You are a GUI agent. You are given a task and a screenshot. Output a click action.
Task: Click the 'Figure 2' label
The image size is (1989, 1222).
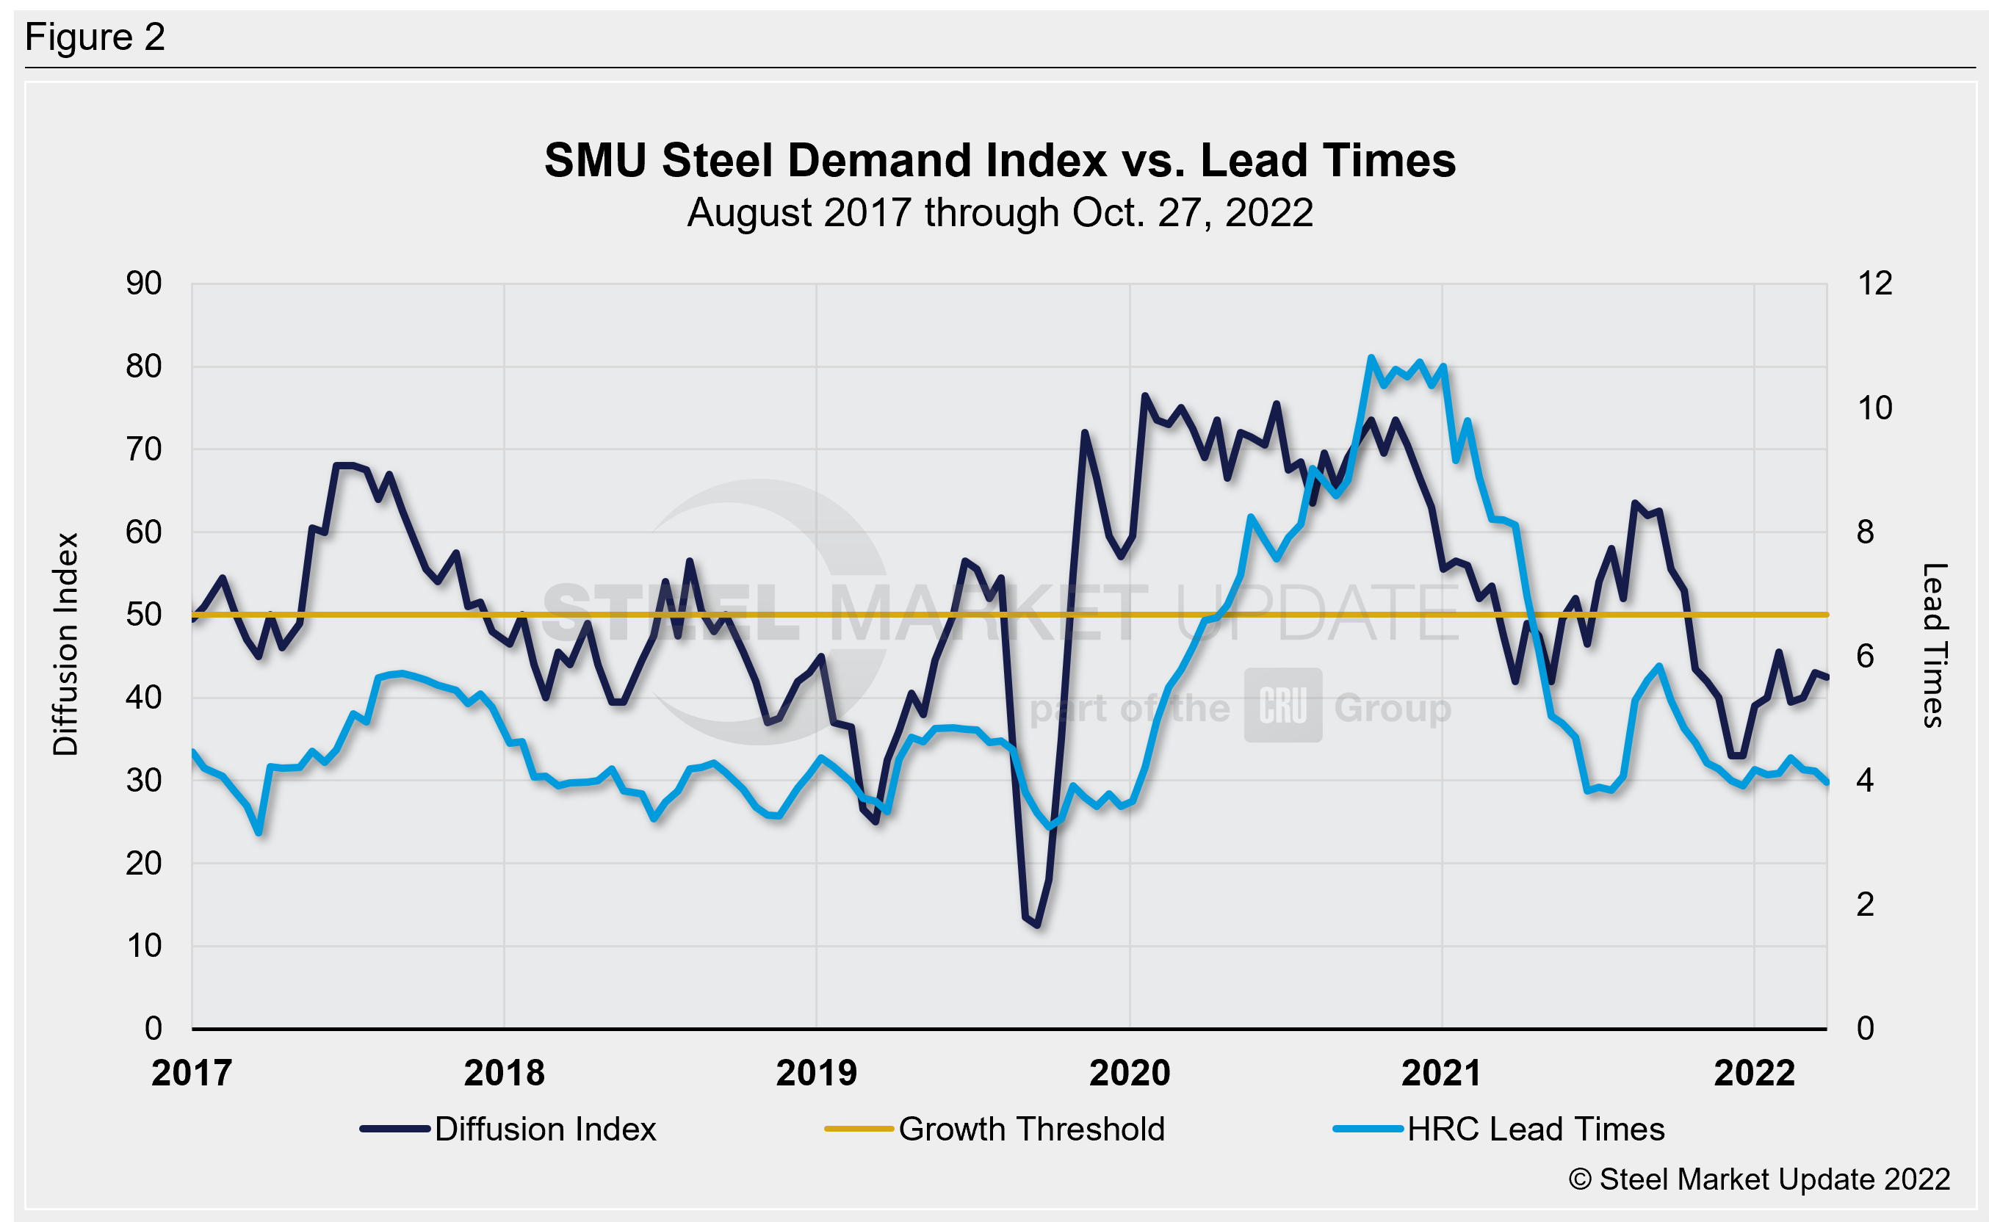[95, 37]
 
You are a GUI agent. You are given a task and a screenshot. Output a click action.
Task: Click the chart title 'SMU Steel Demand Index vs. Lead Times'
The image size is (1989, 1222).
[1000, 160]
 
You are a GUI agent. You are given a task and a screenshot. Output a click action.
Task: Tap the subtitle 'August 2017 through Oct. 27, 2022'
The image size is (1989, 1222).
[1000, 214]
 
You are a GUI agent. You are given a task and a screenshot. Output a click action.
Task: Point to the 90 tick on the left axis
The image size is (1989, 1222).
[144, 283]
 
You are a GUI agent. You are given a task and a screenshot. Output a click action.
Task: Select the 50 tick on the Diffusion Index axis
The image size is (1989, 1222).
[144, 615]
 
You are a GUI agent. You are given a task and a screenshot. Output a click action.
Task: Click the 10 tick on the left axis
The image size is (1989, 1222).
[144, 947]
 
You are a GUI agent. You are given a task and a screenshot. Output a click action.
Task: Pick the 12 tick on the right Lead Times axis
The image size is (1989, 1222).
[1874, 283]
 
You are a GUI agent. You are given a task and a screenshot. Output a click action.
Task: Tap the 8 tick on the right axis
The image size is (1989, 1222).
[1866, 532]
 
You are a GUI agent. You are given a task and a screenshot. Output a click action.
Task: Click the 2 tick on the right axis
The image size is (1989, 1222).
[1866, 904]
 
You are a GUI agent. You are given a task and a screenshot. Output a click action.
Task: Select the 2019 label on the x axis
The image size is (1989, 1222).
[816, 1074]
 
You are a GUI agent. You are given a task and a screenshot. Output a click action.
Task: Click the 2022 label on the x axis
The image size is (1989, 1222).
[1755, 1074]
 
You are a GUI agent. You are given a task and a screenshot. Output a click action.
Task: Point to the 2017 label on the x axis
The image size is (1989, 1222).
[192, 1074]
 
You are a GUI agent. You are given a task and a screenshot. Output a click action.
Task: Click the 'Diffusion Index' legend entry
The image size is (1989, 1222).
[545, 1129]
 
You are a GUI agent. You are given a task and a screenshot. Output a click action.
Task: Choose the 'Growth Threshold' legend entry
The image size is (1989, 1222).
[1031, 1129]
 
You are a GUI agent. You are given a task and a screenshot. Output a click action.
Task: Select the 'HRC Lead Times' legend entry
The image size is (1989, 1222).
[1536, 1129]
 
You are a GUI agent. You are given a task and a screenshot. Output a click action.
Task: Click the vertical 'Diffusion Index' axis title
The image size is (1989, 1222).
[65, 644]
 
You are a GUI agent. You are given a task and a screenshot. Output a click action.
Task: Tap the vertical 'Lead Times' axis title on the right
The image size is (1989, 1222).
[1935, 645]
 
